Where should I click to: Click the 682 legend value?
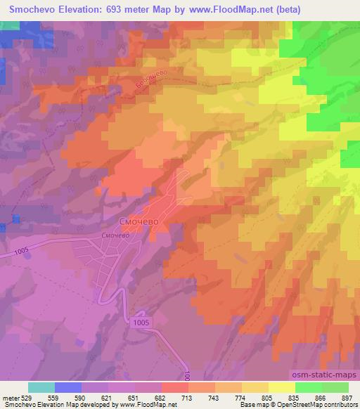pyautogui.click(x=160, y=398)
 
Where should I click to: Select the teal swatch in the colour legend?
pyautogui.click(x=41, y=387)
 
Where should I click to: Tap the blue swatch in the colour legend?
pyautogui.click(x=68, y=387)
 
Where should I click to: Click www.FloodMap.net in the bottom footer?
pyautogui.click(x=140, y=405)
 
